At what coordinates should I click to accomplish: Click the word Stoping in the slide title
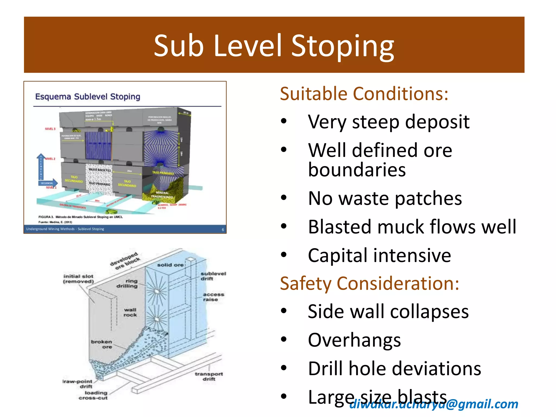click(x=343, y=46)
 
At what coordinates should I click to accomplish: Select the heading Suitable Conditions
click(x=364, y=94)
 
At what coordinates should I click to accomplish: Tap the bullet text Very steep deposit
click(x=388, y=122)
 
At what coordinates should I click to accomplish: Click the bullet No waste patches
click(x=385, y=198)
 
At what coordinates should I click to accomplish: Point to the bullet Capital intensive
click(x=379, y=255)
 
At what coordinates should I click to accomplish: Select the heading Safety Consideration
click(x=369, y=283)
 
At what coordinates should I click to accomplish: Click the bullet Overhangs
click(x=354, y=340)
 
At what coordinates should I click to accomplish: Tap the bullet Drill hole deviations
click(x=394, y=369)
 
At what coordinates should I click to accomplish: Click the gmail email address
click(x=434, y=404)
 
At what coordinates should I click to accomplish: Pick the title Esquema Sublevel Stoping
click(x=87, y=97)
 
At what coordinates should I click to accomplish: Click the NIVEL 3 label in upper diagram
click(x=50, y=129)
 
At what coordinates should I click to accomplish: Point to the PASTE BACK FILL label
click(x=100, y=170)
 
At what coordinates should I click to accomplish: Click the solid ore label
click(x=170, y=265)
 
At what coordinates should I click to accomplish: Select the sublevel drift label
click(x=213, y=276)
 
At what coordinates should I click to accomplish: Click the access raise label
click(x=213, y=297)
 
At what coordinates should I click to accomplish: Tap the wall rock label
click(x=130, y=312)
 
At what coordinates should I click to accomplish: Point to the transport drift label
click(x=209, y=376)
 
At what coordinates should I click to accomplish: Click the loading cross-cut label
click(x=93, y=395)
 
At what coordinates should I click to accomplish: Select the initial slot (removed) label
click(x=78, y=279)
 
